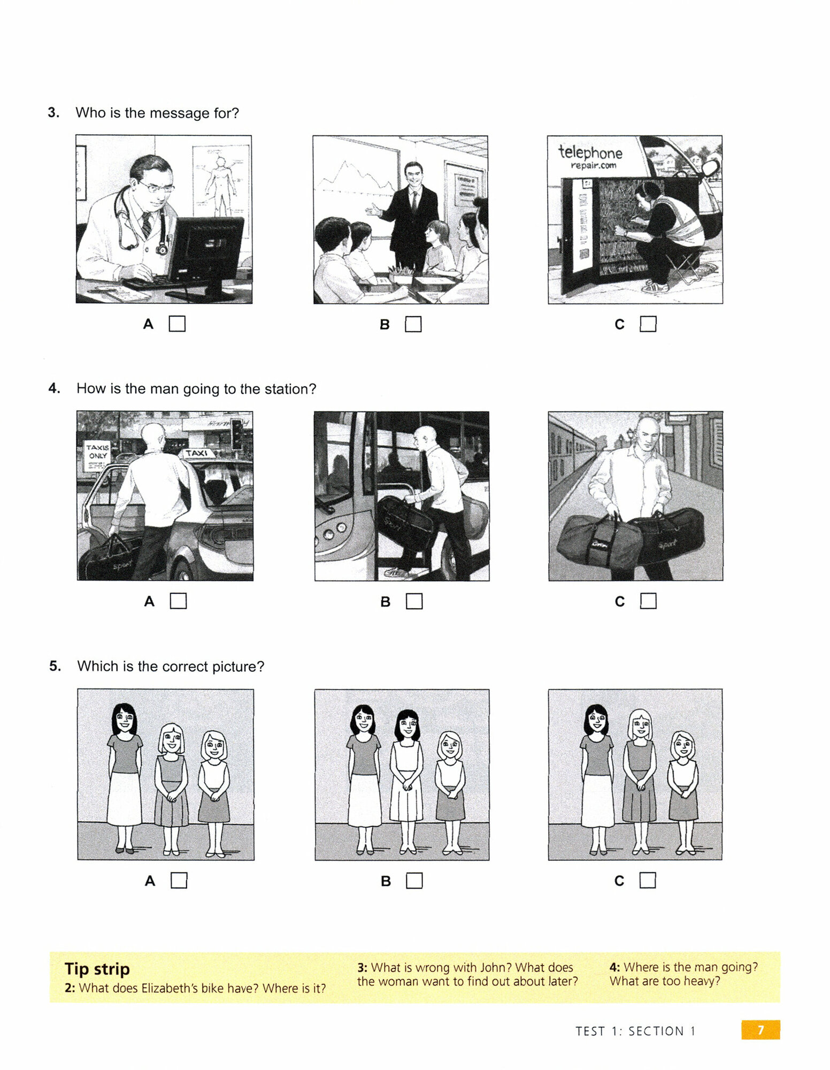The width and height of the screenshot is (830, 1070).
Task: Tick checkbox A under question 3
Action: click(x=177, y=324)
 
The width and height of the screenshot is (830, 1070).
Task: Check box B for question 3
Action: click(x=413, y=324)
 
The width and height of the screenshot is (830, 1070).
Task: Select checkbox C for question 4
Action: click(x=648, y=601)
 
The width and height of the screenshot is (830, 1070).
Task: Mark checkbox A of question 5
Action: click(x=179, y=880)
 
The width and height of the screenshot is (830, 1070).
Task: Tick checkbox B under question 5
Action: click(x=414, y=881)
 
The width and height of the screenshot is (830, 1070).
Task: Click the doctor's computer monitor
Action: click(x=206, y=251)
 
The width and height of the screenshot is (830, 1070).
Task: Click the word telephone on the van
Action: click(x=590, y=152)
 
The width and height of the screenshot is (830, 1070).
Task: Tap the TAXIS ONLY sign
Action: click(x=97, y=452)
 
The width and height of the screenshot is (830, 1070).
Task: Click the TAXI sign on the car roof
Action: click(x=197, y=453)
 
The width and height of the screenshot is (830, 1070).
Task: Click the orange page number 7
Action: click(x=760, y=1030)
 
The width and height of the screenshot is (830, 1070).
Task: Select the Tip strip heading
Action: click(x=97, y=969)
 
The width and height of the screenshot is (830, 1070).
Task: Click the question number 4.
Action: click(x=54, y=388)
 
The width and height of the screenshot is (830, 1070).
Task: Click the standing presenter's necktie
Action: click(x=414, y=202)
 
